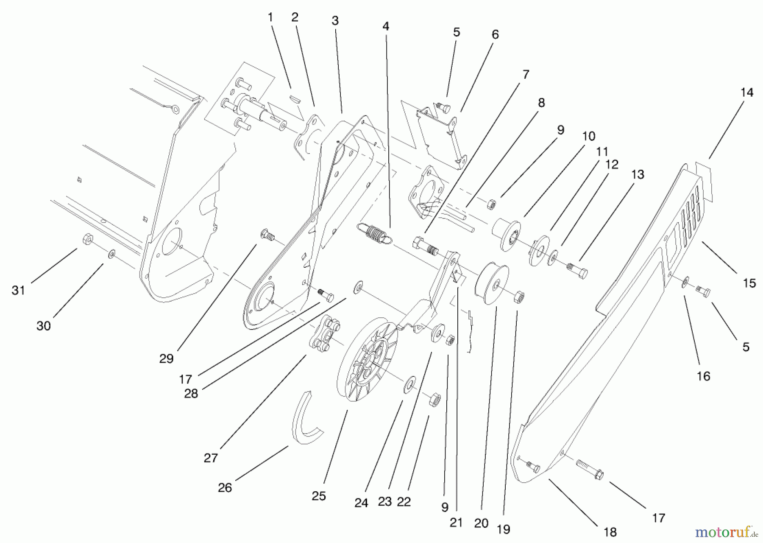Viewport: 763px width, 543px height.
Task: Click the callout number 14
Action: (747, 92)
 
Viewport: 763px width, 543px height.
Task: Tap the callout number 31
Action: (18, 291)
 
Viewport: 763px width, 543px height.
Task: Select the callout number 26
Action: (225, 488)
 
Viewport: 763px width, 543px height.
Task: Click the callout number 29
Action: (167, 359)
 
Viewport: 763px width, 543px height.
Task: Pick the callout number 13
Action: (638, 174)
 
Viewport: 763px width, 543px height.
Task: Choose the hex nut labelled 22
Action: (435, 400)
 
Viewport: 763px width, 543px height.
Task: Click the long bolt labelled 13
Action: (577, 269)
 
